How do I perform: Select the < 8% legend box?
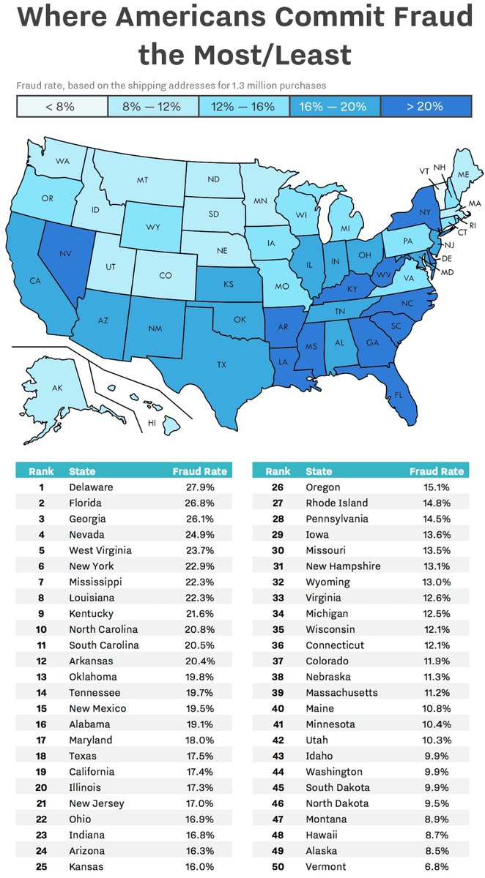62,106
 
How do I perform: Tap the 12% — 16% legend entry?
244,106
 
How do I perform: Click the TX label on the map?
221,364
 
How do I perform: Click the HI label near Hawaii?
152,423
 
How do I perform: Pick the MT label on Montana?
142,180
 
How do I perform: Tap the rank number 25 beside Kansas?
41,867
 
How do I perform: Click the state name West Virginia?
100,550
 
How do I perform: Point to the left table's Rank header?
41,471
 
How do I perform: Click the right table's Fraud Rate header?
437,471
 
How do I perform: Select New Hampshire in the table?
343,566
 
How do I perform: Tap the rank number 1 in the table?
41,487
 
